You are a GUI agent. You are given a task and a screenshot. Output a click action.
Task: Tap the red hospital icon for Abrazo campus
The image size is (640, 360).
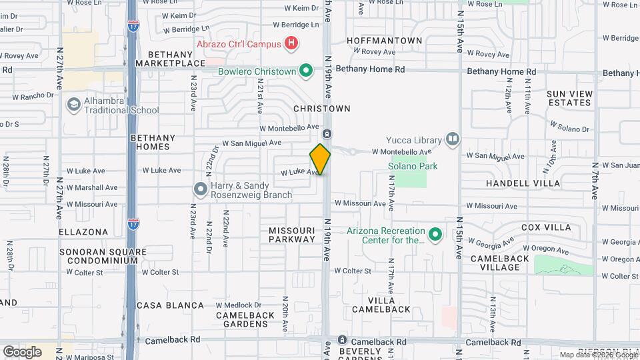click(x=291, y=44)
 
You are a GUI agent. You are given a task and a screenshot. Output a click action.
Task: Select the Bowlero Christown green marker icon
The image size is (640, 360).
click(x=306, y=71)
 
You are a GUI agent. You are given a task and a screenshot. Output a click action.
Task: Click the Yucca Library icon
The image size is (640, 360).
click(x=453, y=139)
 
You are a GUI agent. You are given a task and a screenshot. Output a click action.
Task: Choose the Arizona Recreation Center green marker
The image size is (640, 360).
click(x=435, y=235)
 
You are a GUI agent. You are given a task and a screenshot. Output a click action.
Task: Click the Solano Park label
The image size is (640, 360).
click(x=413, y=166)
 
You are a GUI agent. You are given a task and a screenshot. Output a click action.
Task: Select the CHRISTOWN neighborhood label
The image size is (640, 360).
click(x=322, y=109)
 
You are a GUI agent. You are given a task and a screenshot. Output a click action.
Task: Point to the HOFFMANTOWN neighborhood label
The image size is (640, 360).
click(x=385, y=41)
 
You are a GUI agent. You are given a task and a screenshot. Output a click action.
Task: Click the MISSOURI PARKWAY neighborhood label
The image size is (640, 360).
click(x=292, y=235)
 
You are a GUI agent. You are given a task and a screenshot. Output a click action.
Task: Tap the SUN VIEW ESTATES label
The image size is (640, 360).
click(x=569, y=99)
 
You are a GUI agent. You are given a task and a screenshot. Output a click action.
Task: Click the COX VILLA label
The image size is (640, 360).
click(x=546, y=227)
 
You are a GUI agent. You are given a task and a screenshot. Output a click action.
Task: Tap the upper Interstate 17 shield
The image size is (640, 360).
click(x=133, y=26)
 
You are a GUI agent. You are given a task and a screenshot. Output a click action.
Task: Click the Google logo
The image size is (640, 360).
click(x=22, y=351)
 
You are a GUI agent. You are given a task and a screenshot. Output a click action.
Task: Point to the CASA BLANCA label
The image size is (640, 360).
click(x=170, y=305)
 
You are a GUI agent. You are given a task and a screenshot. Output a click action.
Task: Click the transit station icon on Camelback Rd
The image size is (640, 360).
click(x=342, y=340)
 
